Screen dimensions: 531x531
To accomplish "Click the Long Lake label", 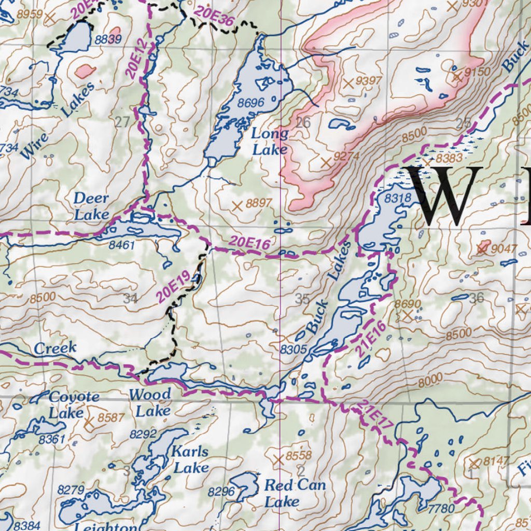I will (270, 142).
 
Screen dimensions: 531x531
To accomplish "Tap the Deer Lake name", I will (91, 206).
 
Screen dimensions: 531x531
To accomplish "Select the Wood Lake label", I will (150, 402).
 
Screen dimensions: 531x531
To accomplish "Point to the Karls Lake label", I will (191, 459).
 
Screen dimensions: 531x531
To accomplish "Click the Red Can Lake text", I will (295, 493).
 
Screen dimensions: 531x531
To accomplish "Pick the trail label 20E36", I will (214, 16).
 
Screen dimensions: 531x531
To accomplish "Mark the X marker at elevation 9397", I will (348, 82).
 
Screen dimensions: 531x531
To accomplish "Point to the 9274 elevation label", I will (347, 156).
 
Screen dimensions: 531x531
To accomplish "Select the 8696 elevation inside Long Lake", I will (250, 103).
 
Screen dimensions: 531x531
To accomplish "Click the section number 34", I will (131, 298).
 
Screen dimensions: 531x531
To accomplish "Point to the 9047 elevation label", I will (504, 248).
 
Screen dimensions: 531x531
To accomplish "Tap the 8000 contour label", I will (430, 379).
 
